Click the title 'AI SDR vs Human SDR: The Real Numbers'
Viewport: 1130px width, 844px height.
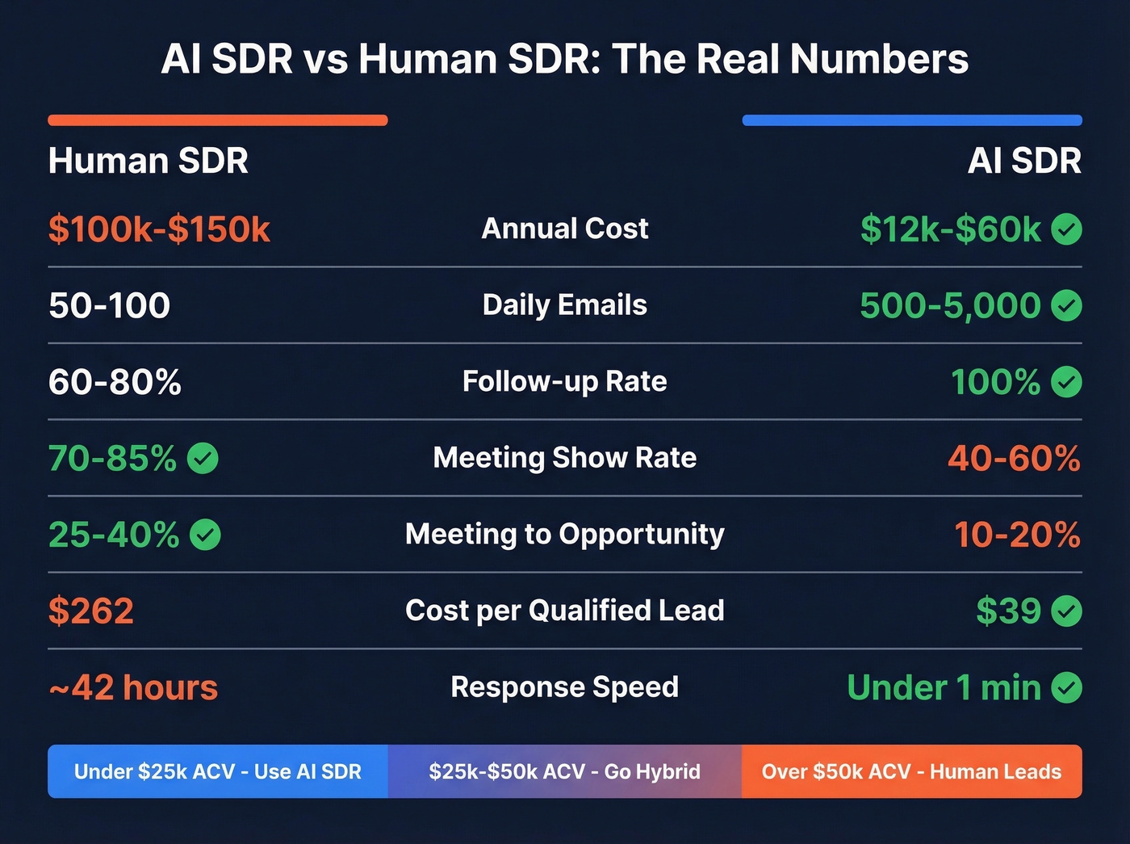pyautogui.click(x=564, y=59)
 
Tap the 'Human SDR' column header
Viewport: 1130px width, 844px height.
pyautogui.click(x=148, y=161)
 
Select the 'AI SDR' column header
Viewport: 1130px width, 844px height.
pyautogui.click(x=1023, y=161)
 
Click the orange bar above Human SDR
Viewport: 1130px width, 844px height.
pyautogui.click(x=217, y=120)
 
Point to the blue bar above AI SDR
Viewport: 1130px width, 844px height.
pyautogui.click(x=911, y=120)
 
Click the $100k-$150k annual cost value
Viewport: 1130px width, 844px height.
pyautogui.click(x=159, y=229)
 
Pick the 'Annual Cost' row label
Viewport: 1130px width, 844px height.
pyautogui.click(x=564, y=229)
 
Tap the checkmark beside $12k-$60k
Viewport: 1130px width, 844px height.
pyautogui.click(x=1066, y=229)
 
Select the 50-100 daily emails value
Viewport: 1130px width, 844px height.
pyautogui.click(x=109, y=305)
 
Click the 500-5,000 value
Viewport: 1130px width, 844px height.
pyautogui.click(x=950, y=305)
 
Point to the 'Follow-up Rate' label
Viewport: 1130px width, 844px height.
pyautogui.click(x=564, y=381)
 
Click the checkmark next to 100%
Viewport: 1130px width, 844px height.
pyautogui.click(x=1066, y=382)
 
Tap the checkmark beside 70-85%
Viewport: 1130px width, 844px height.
pyautogui.click(x=203, y=459)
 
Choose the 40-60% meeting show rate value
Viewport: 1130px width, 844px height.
pyautogui.click(x=1014, y=459)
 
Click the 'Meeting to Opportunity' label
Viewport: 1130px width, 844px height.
pyautogui.click(x=564, y=534)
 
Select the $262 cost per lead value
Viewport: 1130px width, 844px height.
pyautogui.click(x=90, y=611)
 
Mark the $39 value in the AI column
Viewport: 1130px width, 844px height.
pyautogui.click(x=1008, y=611)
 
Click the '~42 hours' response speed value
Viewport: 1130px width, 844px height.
pyautogui.click(x=133, y=688)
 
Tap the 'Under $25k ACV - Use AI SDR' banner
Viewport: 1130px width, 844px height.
pyautogui.click(x=217, y=771)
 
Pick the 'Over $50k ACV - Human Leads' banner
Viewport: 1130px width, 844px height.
pyautogui.click(x=911, y=771)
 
